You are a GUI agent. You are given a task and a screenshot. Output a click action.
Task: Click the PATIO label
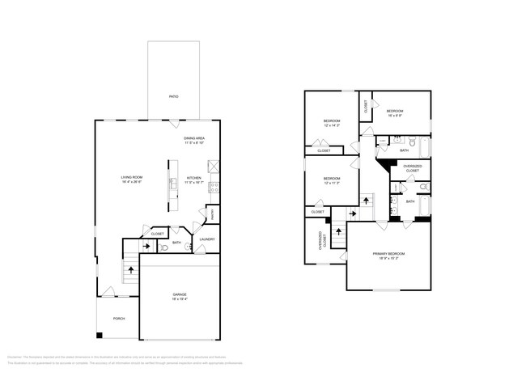[x=173, y=97]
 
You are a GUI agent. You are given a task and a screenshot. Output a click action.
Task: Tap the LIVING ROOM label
[x=132, y=179]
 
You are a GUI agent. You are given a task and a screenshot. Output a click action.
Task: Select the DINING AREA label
[x=193, y=141]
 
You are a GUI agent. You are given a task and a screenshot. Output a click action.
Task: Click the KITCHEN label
[x=194, y=180]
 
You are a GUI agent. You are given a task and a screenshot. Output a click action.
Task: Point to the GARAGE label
[x=179, y=296]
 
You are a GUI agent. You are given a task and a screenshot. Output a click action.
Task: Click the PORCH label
[x=118, y=318]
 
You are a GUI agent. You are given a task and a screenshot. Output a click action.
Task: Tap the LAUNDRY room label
[x=206, y=239]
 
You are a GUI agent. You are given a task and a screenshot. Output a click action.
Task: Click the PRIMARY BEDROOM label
[x=388, y=256]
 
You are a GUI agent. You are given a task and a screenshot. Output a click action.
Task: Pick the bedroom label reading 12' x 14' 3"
[x=332, y=123]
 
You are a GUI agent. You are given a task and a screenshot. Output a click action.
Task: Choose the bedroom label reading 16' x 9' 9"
[x=396, y=112]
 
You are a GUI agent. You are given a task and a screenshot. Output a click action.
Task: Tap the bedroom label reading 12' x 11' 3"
[x=332, y=180]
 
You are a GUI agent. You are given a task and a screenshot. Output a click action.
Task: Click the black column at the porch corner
[x=100, y=335]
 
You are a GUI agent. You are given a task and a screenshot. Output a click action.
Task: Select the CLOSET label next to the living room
[x=157, y=234]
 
